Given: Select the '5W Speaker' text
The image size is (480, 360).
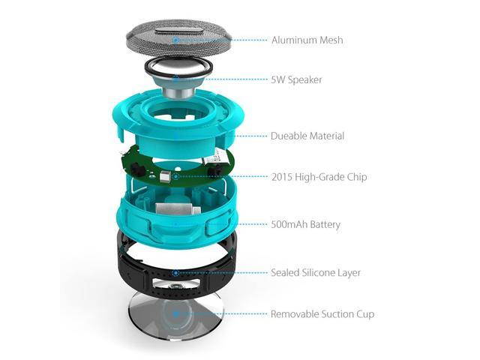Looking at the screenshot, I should pyautogui.click(x=297, y=79).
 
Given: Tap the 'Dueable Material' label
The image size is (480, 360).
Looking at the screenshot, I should pyautogui.click(x=307, y=136).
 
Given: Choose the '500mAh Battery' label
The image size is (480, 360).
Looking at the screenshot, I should pyautogui.click(x=305, y=224).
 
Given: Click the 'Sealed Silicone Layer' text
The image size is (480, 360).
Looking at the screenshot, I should pyautogui.click(x=316, y=273).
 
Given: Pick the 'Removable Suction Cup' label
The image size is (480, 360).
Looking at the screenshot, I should pyautogui.click(x=322, y=314).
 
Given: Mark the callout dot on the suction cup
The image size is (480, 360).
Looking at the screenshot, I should pyautogui.click(x=175, y=314).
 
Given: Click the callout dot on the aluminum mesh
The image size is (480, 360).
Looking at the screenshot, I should pyautogui.click(x=175, y=39).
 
